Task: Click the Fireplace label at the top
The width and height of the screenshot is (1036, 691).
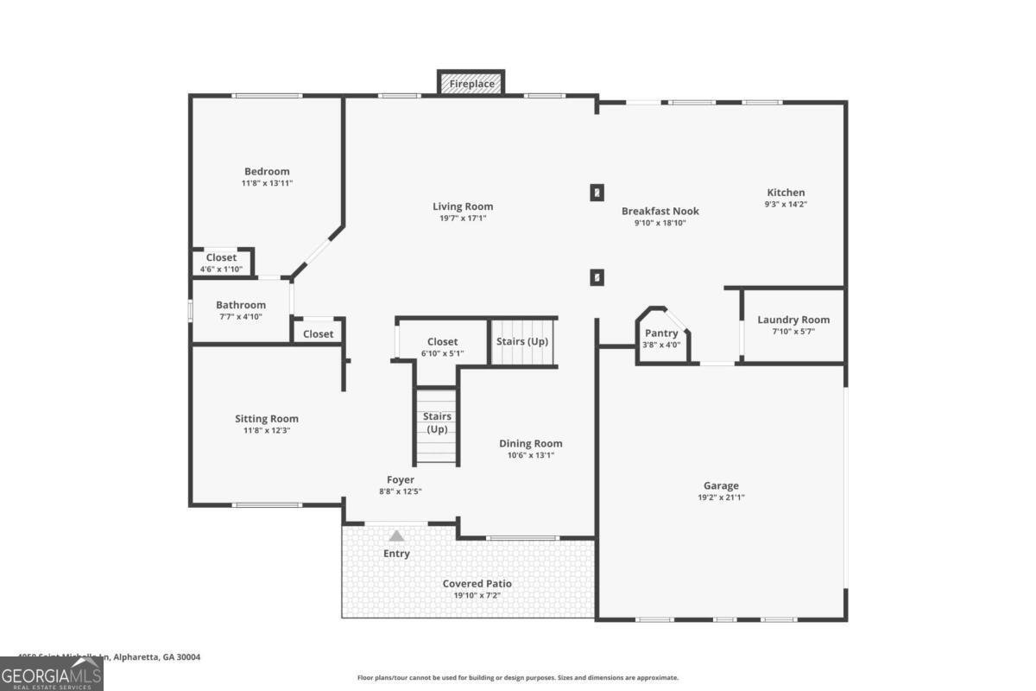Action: [x=471, y=84]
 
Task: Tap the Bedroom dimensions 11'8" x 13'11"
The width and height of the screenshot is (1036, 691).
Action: [x=267, y=183]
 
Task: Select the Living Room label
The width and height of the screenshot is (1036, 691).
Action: [x=463, y=206]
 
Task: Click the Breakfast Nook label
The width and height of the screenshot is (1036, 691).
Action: [x=660, y=211]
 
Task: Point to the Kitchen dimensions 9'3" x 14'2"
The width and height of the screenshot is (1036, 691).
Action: [x=786, y=205]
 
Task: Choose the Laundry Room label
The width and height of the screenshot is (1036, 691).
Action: [x=793, y=320]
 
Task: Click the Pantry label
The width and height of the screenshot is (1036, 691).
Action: [x=661, y=333]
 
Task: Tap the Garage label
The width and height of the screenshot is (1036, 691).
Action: [x=721, y=485]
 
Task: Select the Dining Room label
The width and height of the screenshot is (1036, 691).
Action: [x=531, y=443]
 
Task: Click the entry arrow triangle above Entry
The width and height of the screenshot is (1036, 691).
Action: [x=396, y=536]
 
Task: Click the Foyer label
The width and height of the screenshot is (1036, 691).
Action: [x=401, y=479]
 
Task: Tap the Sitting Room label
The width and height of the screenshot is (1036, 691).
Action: [x=267, y=419]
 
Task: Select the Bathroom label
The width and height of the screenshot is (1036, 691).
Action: [x=241, y=305]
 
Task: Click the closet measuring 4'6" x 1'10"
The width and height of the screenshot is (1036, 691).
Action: [x=221, y=263]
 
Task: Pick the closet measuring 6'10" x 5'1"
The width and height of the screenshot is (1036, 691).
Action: [x=443, y=346]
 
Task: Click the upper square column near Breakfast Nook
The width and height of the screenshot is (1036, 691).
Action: [x=597, y=193]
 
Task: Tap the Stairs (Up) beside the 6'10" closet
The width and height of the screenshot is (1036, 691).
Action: [x=522, y=341]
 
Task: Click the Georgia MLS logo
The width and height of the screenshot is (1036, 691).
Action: [x=51, y=673]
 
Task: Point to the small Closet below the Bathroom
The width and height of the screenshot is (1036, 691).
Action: [x=318, y=333]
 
